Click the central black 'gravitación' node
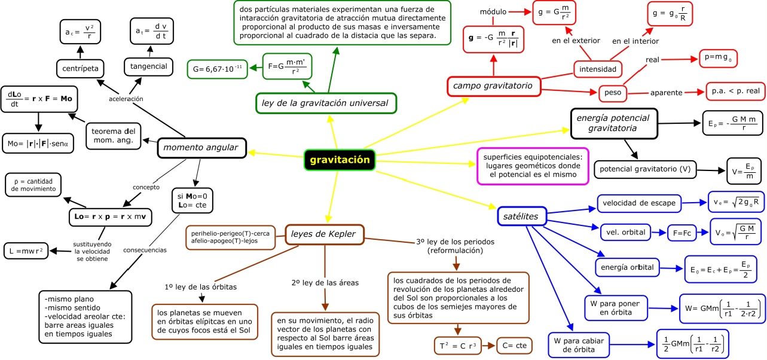[x=340, y=160]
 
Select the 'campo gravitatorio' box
[x=493, y=86]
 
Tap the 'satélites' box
[x=521, y=216]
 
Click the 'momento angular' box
[x=201, y=148]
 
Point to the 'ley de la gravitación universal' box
[x=325, y=103]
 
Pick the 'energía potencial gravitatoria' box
[x=613, y=123]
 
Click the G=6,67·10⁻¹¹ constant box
[x=217, y=69]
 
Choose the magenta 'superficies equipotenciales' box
[x=533, y=166]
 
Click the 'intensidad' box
[x=598, y=69]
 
